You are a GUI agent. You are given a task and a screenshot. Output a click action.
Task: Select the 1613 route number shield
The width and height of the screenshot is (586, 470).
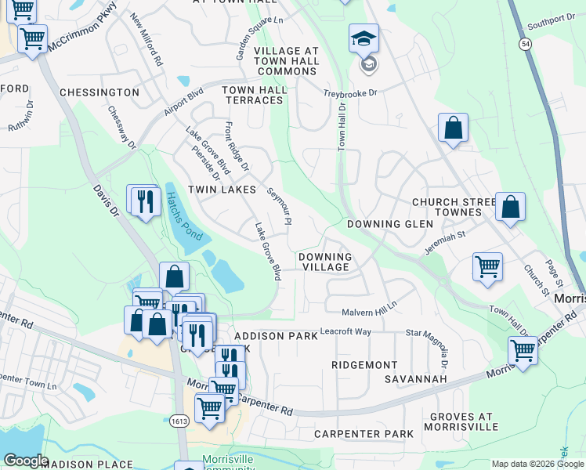point(178,421)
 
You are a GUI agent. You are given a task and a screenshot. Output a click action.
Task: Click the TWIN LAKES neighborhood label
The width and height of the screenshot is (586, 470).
point(222,190)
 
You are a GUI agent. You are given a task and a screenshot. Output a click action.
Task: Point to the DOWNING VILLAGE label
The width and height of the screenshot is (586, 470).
point(325,262)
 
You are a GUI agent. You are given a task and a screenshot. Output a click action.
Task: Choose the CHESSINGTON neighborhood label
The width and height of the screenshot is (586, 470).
point(99,92)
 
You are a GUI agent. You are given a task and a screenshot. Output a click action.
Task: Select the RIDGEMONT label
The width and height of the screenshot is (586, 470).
point(364,365)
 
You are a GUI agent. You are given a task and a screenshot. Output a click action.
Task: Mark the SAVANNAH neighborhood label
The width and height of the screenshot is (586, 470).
point(415,379)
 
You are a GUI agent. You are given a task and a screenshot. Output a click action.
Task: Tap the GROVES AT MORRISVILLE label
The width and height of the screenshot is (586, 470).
point(461,421)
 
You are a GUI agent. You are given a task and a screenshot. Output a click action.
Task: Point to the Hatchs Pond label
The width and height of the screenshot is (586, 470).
point(183,217)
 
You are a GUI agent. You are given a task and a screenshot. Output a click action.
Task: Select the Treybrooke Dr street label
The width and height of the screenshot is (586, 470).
point(351,93)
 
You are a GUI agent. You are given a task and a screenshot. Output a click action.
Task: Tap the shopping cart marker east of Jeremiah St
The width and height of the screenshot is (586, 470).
point(487,266)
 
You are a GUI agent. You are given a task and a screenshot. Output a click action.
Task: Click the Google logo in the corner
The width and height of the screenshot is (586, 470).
point(26,460)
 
